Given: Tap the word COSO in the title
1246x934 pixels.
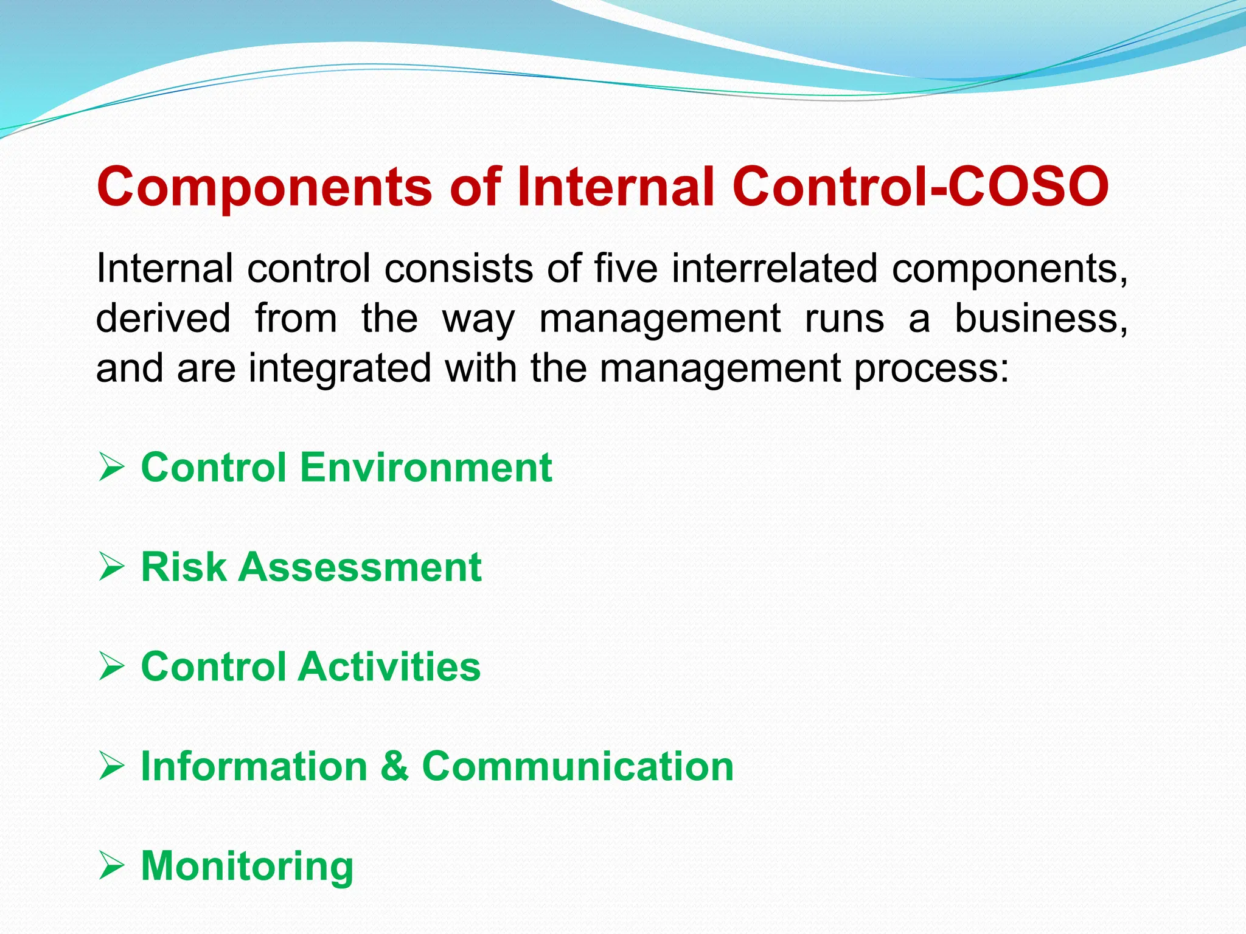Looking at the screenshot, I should point(1028,187).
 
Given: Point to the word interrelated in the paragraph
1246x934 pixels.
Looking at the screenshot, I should point(774,268).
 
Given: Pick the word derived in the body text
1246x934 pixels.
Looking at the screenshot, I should point(163,318).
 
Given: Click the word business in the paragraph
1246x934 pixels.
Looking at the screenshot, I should point(1040,318).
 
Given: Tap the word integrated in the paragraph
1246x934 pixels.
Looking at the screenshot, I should point(340,369).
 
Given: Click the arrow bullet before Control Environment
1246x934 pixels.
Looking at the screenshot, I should point(111,468).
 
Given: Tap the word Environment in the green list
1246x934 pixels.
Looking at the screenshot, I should point(426,468).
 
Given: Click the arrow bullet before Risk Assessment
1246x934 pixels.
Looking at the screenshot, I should point(111,568).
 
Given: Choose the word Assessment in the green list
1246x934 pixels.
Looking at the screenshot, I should point(360,567).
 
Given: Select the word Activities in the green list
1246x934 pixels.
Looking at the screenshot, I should point(389,667).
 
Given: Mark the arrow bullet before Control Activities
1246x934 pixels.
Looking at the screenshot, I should point(111,668).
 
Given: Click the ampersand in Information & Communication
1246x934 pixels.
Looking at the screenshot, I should point(395,766).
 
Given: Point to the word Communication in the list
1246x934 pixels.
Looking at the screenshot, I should point(578,766).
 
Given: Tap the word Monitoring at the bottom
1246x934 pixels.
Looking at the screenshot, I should point(247,867).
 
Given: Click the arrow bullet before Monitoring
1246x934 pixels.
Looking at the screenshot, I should point(111,867).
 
